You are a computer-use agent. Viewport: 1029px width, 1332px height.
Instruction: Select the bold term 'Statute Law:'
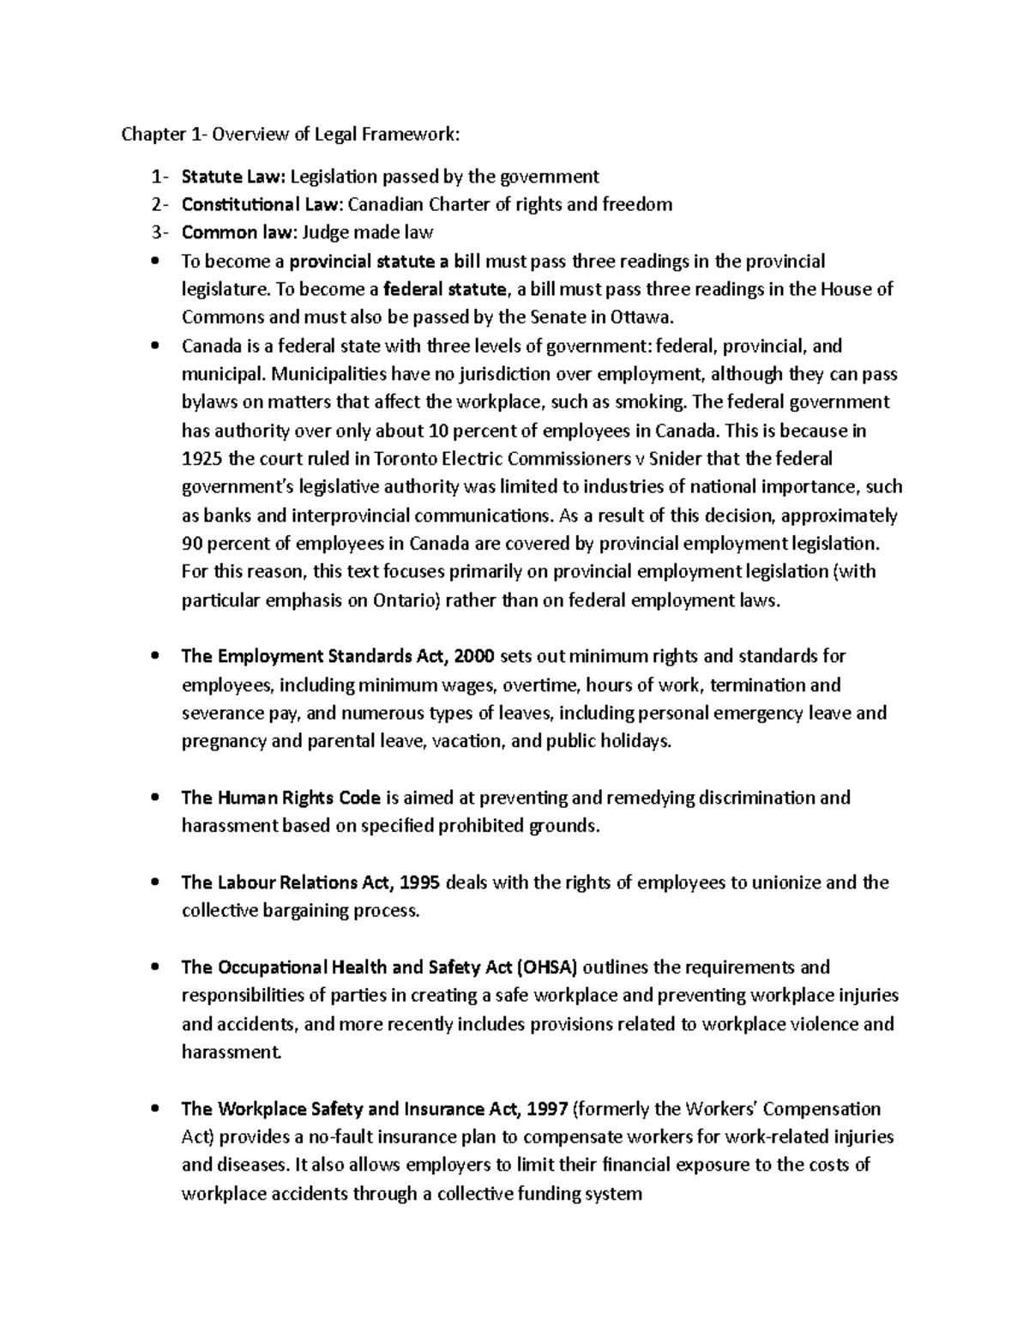coord(232,178)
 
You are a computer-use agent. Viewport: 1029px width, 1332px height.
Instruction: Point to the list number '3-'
coord(159,233)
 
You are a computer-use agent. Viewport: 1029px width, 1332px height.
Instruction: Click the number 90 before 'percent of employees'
coord(193,544)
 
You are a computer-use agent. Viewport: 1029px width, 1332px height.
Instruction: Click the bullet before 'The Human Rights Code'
coord(154,799)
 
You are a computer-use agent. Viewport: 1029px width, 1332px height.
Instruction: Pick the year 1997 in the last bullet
coord(545,1110)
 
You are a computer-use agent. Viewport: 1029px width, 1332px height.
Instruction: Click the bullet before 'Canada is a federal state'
coord(154,347)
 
